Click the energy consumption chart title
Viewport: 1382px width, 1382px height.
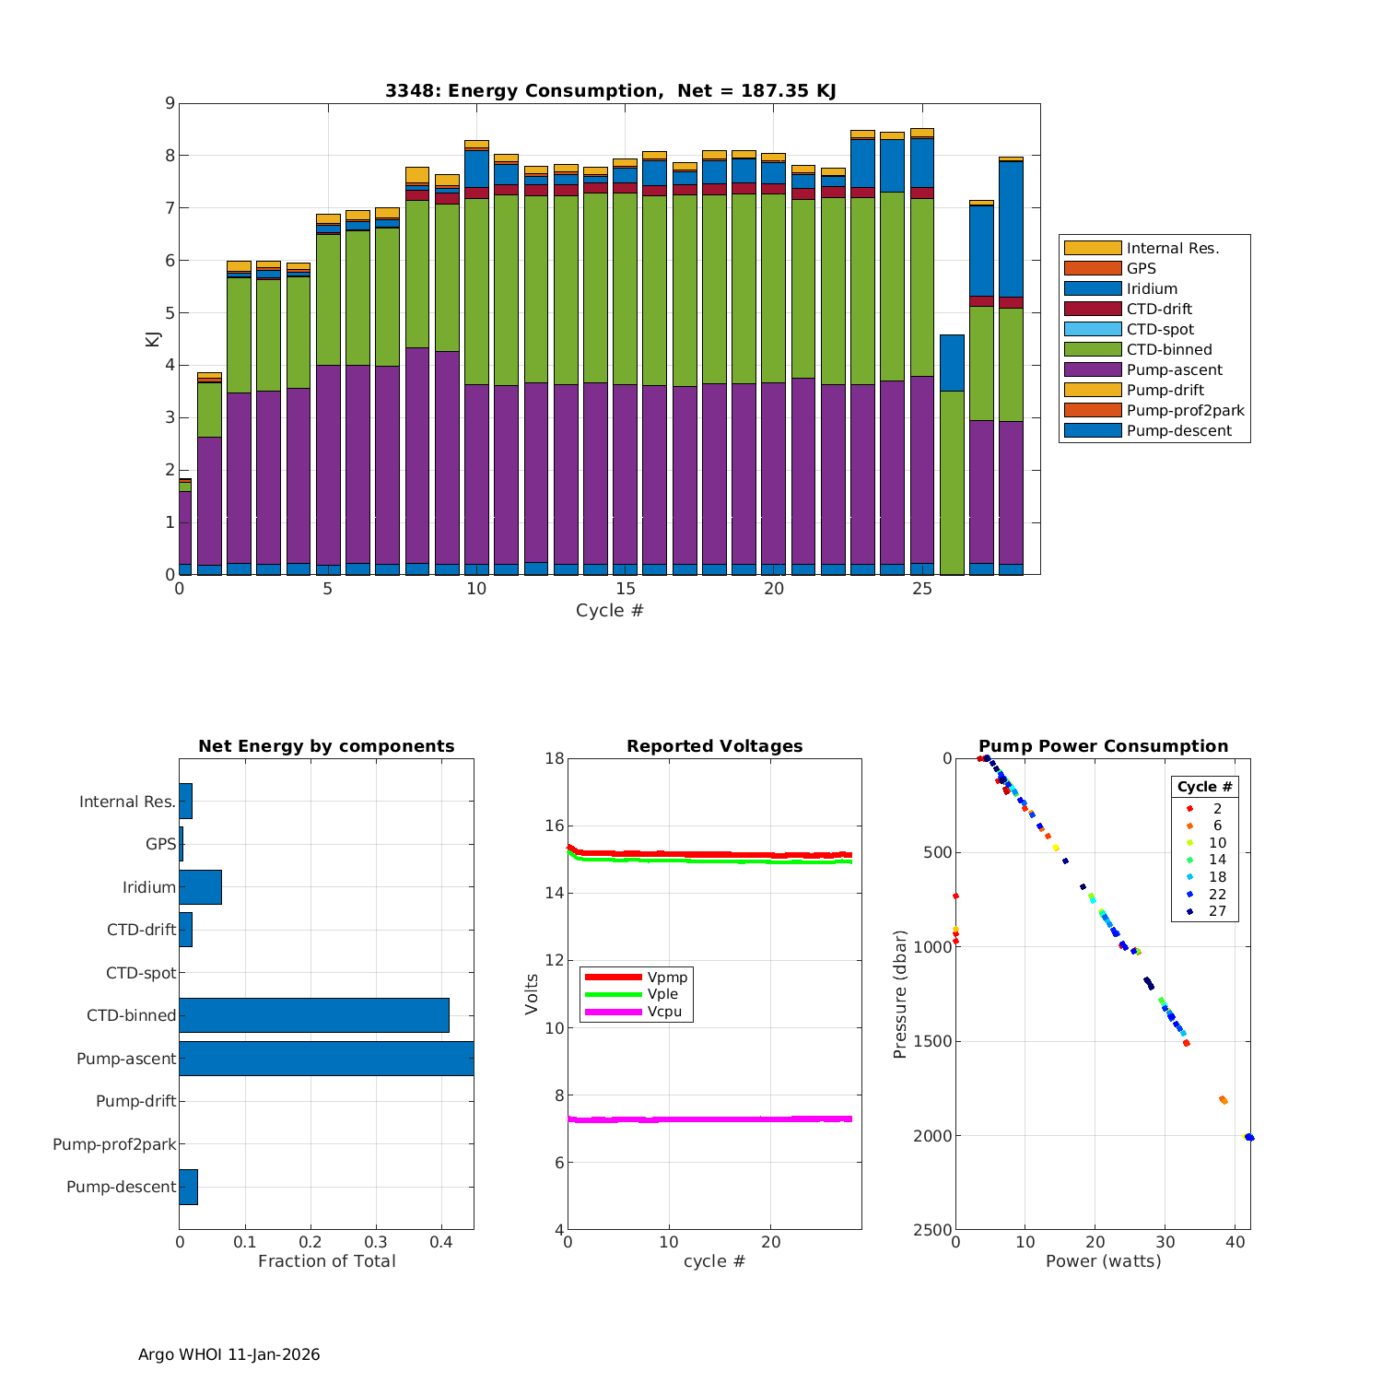tap(610, 90)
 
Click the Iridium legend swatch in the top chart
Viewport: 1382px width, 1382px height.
tap(1092, 288)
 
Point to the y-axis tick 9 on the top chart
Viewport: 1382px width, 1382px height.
tap(170, 103)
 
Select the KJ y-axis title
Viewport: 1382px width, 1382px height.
tap(152, 339)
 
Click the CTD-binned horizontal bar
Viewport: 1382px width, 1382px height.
tap(314, 1015)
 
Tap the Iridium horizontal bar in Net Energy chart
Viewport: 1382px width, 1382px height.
tap(200, 887)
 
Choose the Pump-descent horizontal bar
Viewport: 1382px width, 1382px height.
tap(188, 1187)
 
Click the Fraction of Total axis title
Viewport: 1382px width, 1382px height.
tap(326, 1261)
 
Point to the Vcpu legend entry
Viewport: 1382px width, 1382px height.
tap(664, 1012)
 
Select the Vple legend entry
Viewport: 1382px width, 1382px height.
tap(662, 994)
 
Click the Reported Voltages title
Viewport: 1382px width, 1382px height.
tap(714, 746)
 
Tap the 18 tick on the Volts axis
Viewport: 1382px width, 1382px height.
tap(555, 758)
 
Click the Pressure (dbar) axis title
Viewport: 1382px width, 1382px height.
tap(900, 994)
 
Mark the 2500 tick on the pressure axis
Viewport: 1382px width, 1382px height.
tap(934, 1230)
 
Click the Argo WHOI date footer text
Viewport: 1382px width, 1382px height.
tap(228, 1354)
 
